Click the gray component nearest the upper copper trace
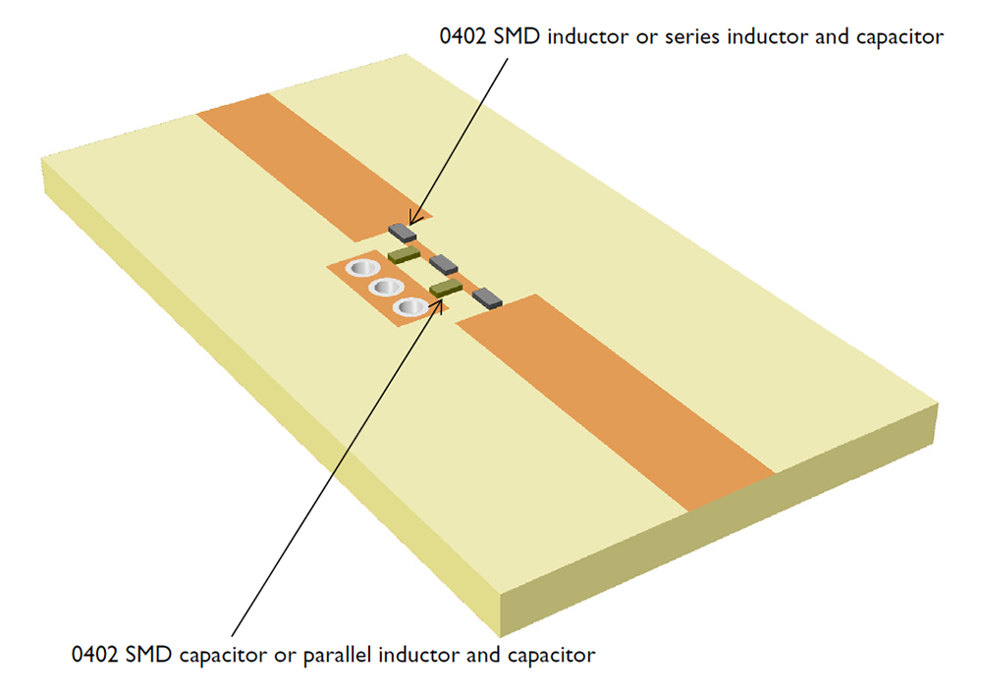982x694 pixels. (x=403, y=233)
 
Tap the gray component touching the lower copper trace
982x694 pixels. (x=487, y=295)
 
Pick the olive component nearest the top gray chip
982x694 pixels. (x=404, y=255)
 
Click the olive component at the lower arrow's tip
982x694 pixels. (x=446, y=288)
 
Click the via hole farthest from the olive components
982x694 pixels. (x=361, y=268)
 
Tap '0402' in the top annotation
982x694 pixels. (x=463, y=37)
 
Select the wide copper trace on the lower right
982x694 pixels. (x=628, y=402)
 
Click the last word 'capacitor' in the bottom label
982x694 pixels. (x=551, y=653)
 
